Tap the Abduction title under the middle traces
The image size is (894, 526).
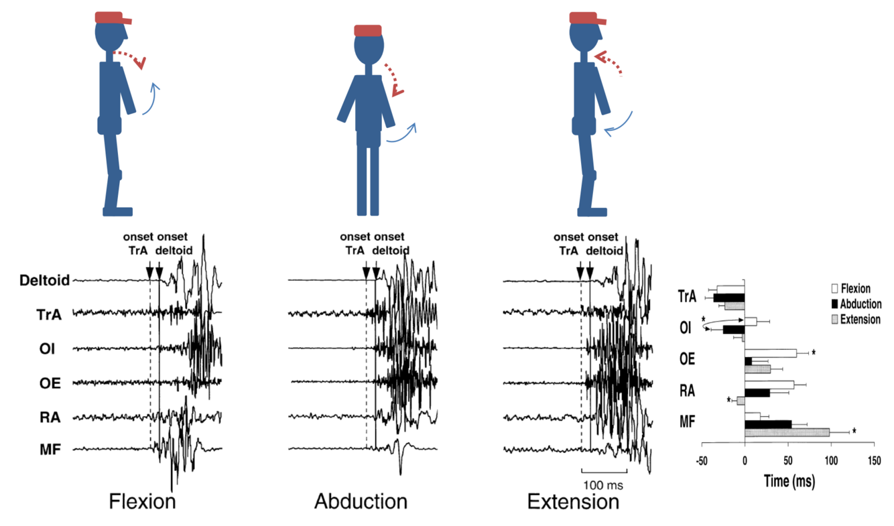coord(361,501)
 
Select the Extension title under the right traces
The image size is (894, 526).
coord(573,501)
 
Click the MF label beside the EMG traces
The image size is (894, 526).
coord(50,449)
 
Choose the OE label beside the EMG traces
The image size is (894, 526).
coord(50,383)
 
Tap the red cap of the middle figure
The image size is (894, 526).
coord(368,30)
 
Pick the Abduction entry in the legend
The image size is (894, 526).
coord(856,304)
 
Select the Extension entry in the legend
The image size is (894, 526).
coord(856,320)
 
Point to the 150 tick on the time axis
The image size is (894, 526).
coord(873,461)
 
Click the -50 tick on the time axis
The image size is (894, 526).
coord(702,461)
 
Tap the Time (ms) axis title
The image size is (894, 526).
coord(789,480)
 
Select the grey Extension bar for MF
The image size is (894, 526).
coord(787,432)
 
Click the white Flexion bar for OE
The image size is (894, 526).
coord(771,353)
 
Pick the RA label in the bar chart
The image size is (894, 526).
coord(686,391)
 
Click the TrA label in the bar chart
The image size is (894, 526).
coord(686,295)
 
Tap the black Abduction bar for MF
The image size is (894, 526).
coord(768,424)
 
